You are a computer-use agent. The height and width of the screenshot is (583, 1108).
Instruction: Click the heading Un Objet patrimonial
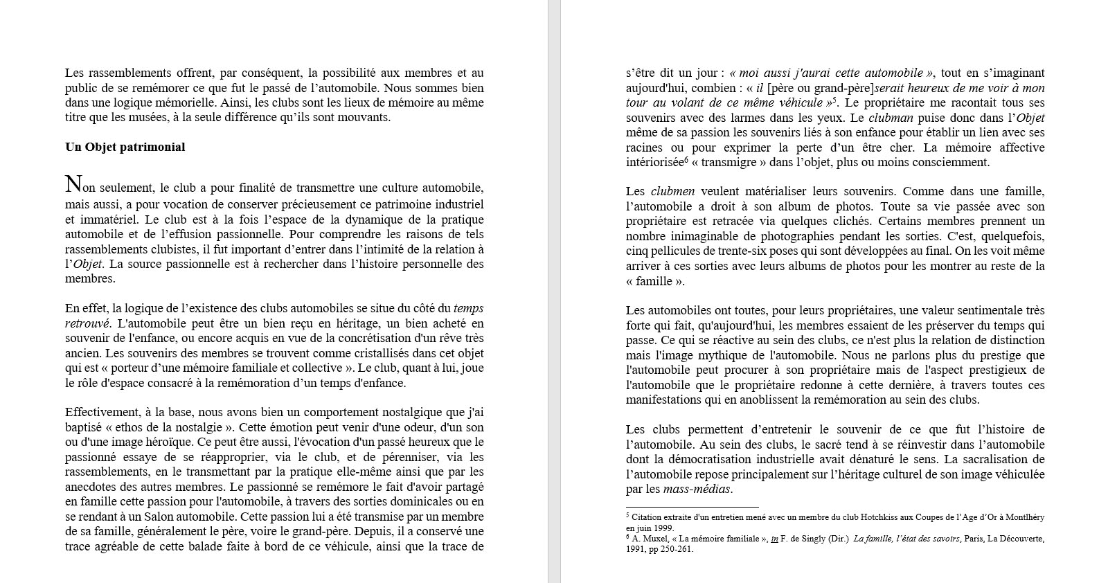coord(125,147)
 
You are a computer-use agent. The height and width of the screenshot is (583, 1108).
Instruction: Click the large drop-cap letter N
coord(73,184)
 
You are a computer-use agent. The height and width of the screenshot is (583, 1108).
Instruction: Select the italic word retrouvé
coord(87,323)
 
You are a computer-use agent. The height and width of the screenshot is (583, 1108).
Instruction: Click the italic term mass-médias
coord(697,489)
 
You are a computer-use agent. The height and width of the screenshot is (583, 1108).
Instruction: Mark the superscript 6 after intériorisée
coord(686,159)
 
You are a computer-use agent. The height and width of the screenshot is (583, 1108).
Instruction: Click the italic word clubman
coord(889,118)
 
